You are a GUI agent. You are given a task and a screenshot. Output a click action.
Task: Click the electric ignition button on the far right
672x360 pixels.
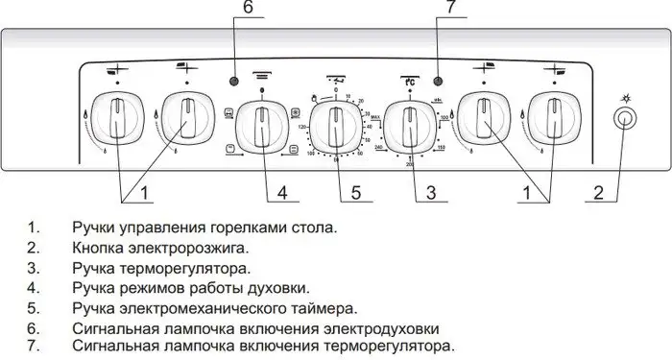coord(626,120)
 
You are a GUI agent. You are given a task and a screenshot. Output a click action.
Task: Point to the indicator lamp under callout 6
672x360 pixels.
coord(233,82)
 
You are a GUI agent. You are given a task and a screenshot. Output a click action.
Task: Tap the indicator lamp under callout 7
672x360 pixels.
coord(438,82)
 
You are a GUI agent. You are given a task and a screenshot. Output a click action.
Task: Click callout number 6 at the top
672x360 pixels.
coord(248,9)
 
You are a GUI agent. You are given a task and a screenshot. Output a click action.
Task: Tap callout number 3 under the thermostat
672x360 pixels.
coord(431,193)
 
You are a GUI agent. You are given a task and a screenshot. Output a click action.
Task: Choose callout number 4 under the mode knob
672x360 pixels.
coord(282,193)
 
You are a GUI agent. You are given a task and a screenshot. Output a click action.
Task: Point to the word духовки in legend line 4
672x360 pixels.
coord(284,288)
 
